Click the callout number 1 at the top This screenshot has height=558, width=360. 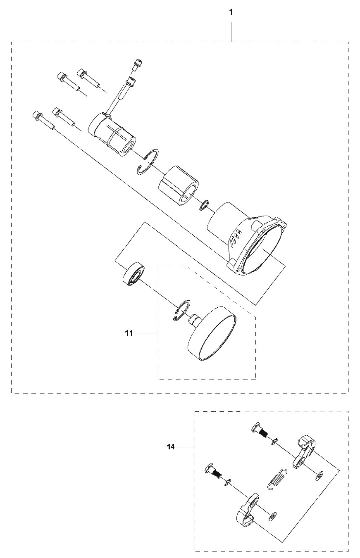(x=231, y=12)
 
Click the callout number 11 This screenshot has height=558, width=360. (x=129, y=333)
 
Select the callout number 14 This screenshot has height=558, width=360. (x=171, y=447)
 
